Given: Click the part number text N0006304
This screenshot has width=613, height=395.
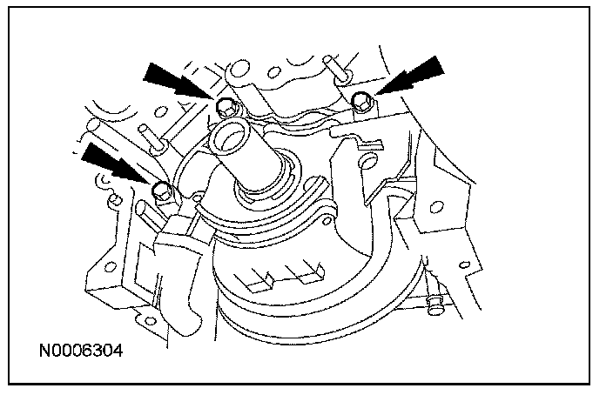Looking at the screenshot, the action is click(81, 352).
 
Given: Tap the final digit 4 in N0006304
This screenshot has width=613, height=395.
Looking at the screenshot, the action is click(118, 352).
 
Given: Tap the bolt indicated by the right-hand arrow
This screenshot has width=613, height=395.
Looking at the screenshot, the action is click(360, 103).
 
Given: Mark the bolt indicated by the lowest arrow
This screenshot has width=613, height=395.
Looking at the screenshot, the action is click(159, 190).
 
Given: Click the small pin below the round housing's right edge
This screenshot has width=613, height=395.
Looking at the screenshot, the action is click(436, 302).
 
